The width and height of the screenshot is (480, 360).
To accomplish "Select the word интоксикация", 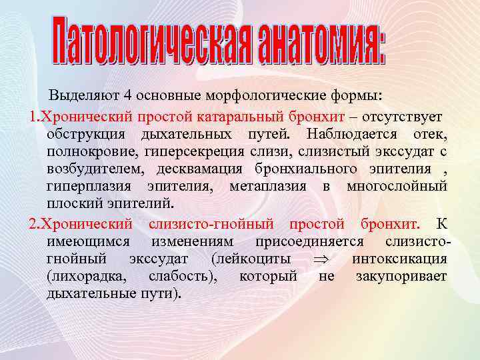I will (399, 258).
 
